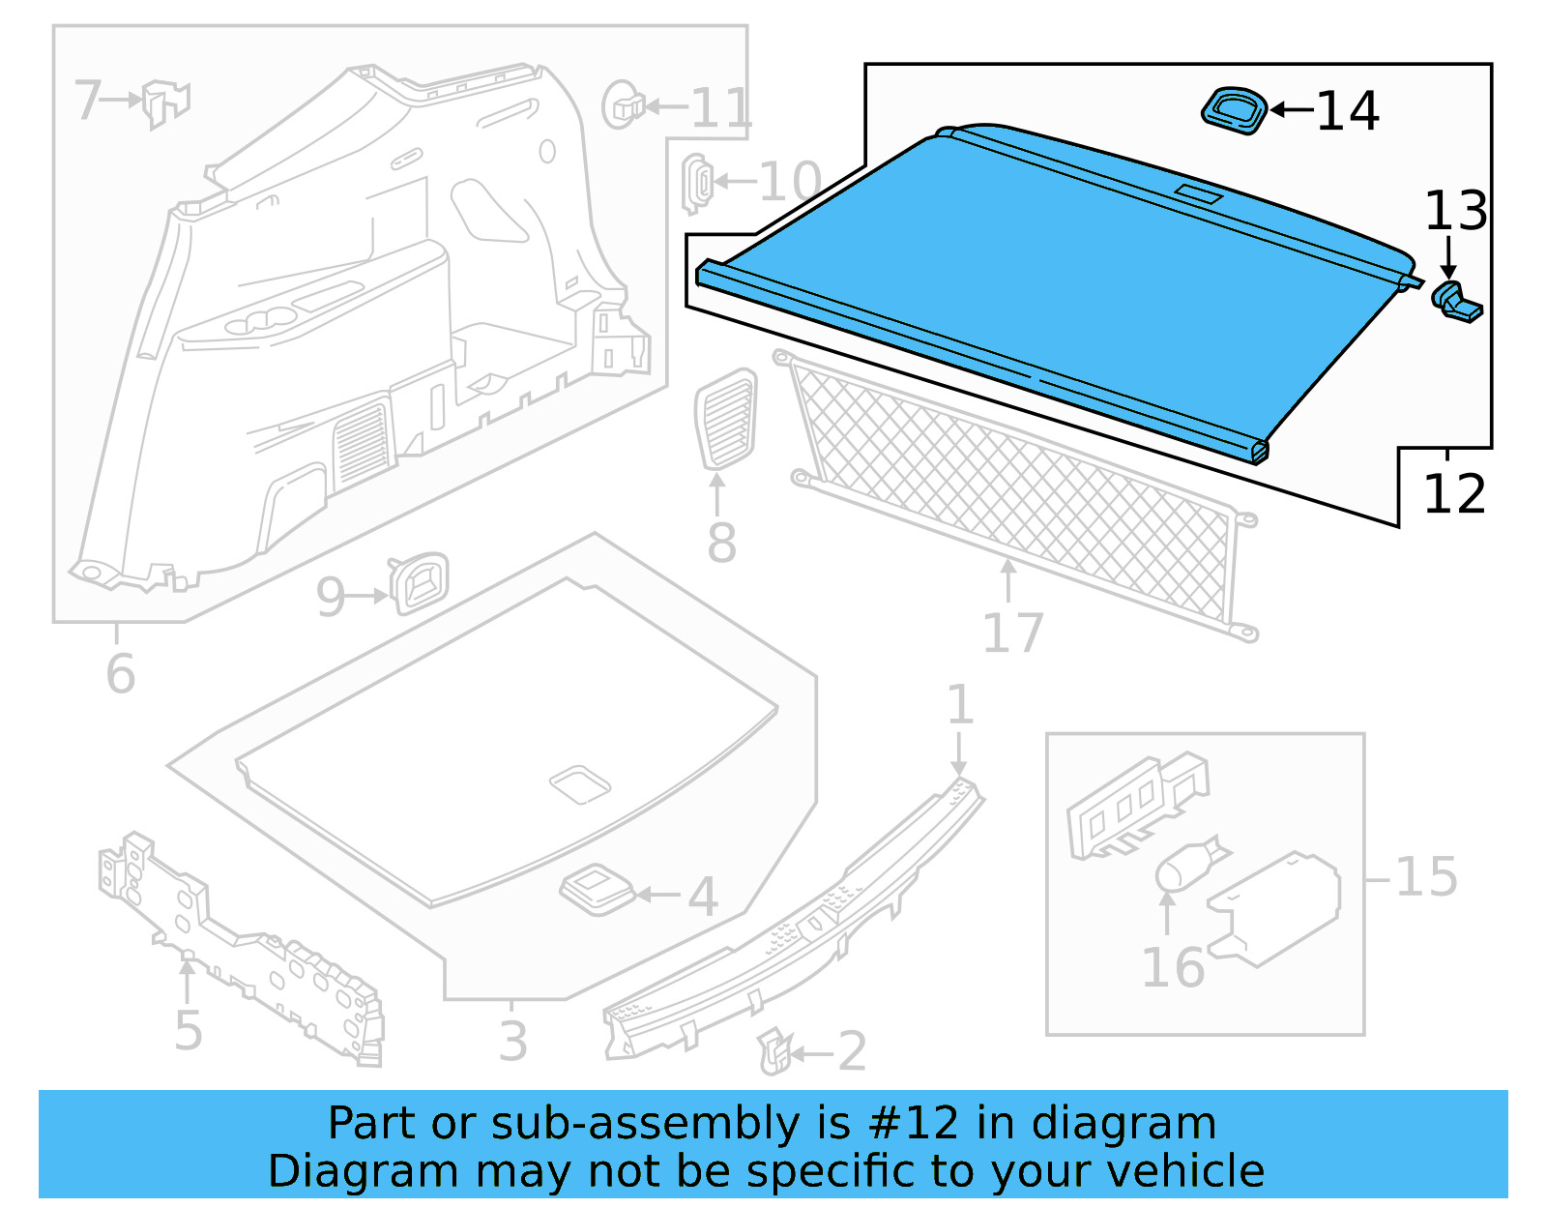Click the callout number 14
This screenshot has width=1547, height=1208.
(1348, 110)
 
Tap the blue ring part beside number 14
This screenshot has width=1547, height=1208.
(1235, 108)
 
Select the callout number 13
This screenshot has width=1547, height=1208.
(1455, 211)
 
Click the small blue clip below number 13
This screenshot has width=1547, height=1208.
(1455, 302)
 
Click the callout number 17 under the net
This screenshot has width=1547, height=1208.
(1012, 633)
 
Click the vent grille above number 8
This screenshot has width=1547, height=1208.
(725, 419)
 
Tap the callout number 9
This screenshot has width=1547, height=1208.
(331, 597)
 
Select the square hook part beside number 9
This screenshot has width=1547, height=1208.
(420, 582)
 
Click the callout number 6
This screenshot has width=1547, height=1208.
(120, 673)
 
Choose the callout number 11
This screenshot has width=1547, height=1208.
(720, 107)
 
